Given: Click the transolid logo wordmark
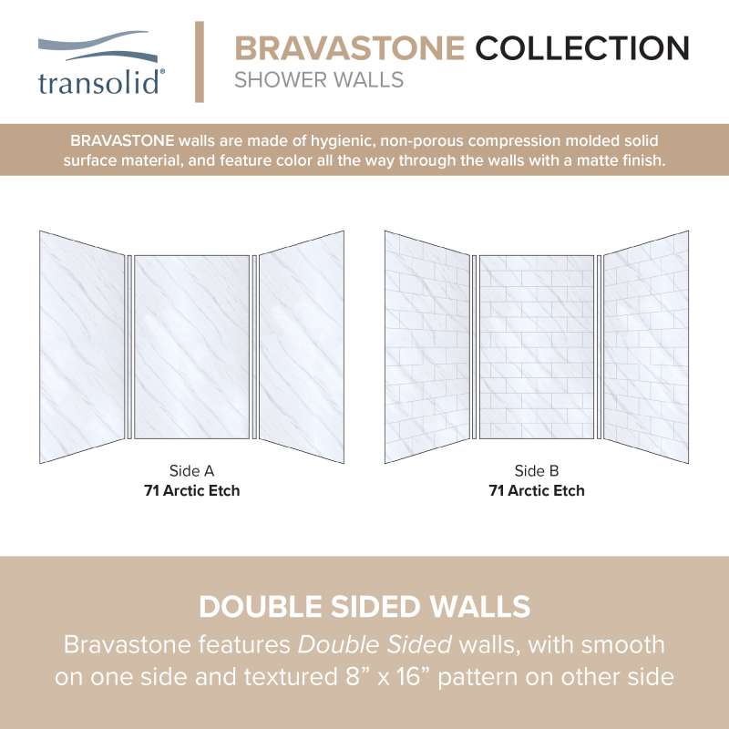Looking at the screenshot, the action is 100,83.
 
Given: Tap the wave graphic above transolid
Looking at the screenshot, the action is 98,46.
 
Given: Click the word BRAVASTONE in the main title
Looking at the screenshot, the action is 350,48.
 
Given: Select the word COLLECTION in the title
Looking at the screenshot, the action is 582,48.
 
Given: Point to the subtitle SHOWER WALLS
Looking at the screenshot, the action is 319,80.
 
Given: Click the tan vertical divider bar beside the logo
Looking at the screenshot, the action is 200,62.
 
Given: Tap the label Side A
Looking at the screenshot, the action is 191,471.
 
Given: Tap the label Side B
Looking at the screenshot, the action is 537,471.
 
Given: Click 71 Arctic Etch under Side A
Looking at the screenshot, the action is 191,490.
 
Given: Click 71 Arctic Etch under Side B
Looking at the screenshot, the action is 537,490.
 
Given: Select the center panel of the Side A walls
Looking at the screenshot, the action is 191,347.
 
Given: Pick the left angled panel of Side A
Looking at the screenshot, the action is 82,347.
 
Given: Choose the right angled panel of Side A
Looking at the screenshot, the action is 302,347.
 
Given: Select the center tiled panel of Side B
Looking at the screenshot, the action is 537,347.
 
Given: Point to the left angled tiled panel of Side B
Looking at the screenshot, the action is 426,347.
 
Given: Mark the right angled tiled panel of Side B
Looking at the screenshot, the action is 646,347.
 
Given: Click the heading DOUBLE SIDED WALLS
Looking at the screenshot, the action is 364,607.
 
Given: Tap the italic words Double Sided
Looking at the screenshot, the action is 375,645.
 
